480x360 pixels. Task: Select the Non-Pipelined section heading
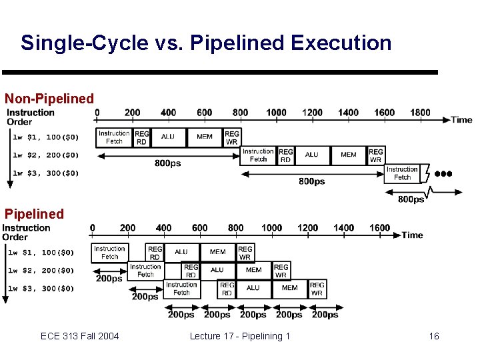pos(49,99)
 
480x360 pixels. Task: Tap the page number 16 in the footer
pos(433,336)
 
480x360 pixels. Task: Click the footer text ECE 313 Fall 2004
pos(79,336)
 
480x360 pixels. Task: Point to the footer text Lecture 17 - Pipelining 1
pos(240,336)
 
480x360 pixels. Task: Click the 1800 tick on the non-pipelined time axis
pos(420,112)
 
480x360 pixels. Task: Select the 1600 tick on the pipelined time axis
pos(379,227)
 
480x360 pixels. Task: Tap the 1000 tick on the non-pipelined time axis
pos(276,112)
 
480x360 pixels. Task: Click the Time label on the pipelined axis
pos(412,235)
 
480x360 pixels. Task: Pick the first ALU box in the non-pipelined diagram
pos(168,137)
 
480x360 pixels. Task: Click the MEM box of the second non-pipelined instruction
pos(348,155)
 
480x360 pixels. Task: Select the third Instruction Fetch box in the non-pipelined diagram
pos(402,173)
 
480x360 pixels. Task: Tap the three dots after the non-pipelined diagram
pos(443,173)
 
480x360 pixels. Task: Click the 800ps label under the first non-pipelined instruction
pos(167,163)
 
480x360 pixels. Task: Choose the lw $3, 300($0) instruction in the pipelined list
pos(44,289)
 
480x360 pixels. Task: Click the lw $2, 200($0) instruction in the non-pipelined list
pos(46,155)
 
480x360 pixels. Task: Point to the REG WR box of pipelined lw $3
pos(317,289)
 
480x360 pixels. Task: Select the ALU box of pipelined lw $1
pos(181,252)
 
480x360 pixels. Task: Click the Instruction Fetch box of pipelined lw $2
pos(145,271)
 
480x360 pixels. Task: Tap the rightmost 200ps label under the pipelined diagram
pos(325,314)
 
